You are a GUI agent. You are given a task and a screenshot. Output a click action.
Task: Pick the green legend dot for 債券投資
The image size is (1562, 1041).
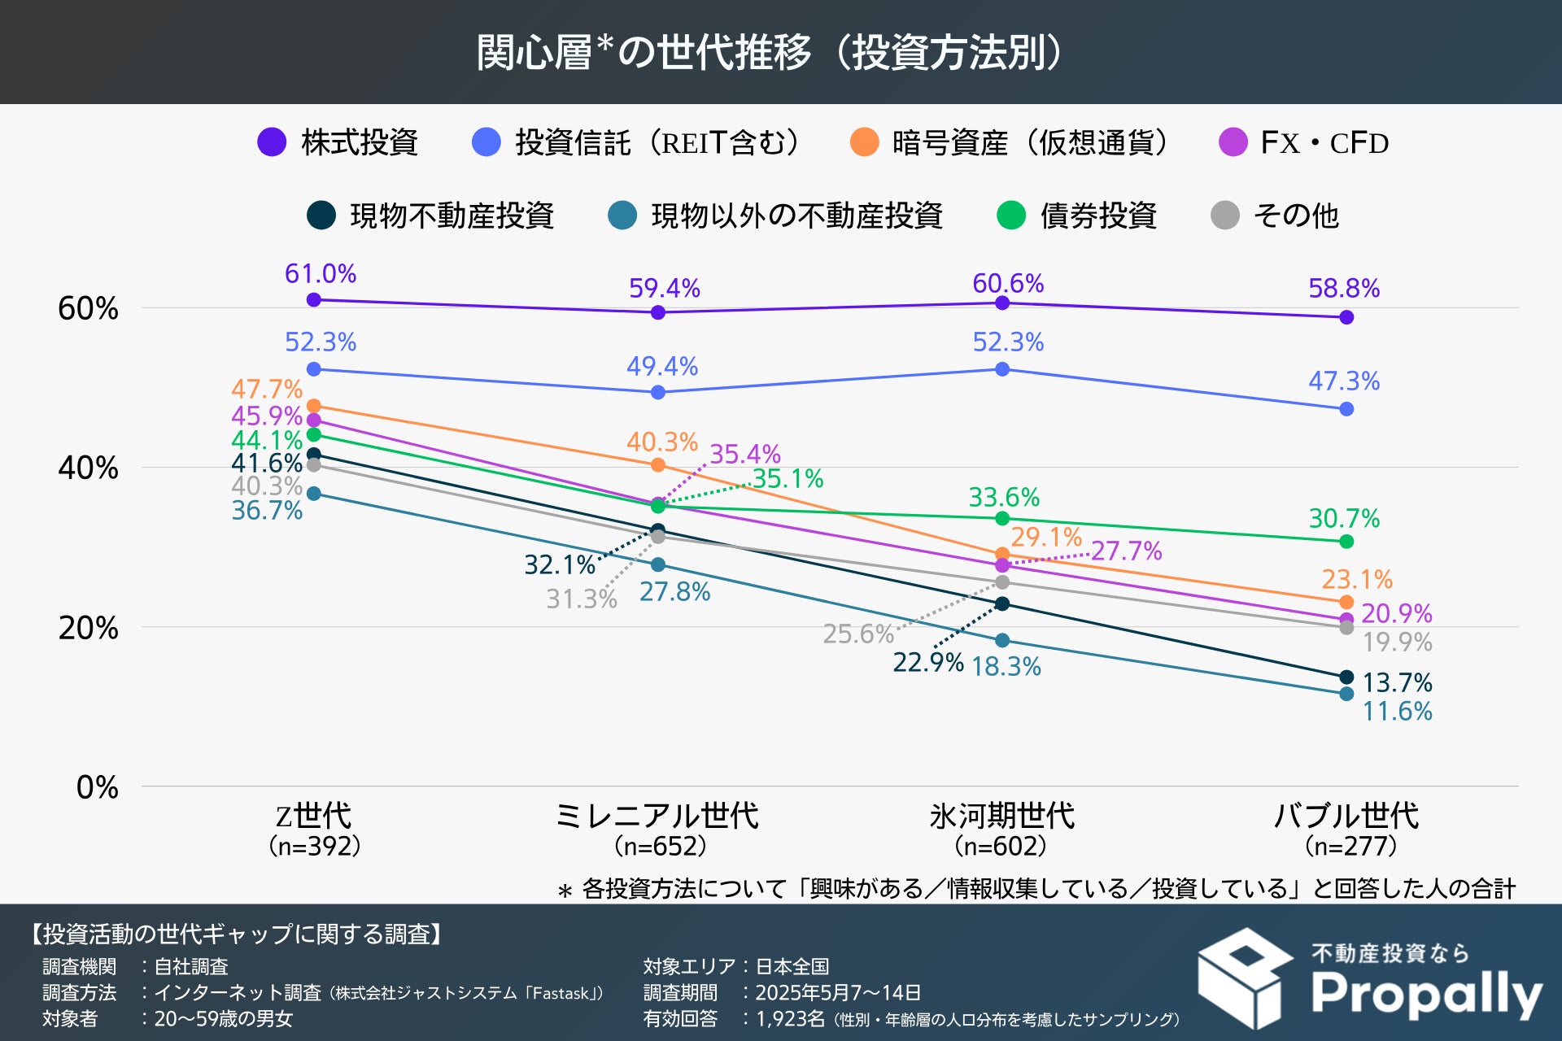pos(1011,216)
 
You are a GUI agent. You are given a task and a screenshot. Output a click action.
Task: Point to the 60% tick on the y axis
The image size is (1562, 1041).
pos(88,308)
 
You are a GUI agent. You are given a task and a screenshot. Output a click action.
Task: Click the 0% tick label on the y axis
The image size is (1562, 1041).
pos(97,787)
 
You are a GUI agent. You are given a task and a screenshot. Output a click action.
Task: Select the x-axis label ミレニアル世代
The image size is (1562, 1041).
pos(657,816)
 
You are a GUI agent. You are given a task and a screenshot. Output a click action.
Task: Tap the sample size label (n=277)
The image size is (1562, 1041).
pos(1350,847)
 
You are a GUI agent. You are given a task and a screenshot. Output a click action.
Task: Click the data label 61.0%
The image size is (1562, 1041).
pos(321,274)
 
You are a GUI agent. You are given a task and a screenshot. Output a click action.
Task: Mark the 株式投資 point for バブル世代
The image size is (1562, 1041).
pos(1346,317)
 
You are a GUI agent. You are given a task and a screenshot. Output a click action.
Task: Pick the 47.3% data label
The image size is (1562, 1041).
pos(1344,381)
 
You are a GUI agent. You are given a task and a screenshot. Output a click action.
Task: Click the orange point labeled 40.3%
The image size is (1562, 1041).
pos(658,465)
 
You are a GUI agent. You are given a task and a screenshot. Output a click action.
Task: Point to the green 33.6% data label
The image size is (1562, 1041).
pos(1004,497)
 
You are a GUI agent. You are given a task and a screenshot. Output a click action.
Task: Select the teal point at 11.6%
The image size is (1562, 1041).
pos(1346,694)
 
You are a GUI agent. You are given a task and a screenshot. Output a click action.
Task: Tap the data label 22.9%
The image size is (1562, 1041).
pos(927,663)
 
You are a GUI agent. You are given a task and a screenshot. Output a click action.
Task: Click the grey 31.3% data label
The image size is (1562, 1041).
pos(582,599)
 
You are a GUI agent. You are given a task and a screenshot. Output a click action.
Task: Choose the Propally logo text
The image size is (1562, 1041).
pos(1426,994)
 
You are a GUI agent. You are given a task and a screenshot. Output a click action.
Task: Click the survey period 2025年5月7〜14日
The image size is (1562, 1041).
pos(838,993)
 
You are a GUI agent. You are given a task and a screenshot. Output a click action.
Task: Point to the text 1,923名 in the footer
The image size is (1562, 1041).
pos(790,1019)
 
